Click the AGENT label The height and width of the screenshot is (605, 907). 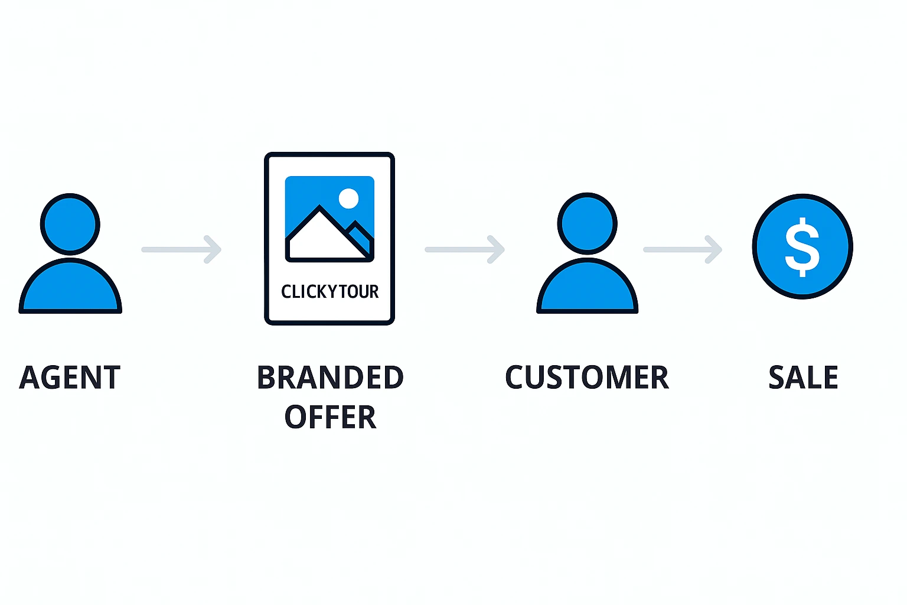(x=70, y=378)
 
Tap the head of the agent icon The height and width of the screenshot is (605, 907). (x=70, y=225)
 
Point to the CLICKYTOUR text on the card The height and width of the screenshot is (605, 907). (x=329, y=291)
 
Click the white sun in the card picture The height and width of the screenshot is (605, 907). (x=348, y=199)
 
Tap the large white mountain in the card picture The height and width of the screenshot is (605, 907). (x=322, y=236)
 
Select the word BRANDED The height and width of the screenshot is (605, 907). (x=330, y=378)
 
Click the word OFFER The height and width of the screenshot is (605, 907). (x=330, y=417)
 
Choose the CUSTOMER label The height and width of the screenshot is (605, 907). (x=587, y=378)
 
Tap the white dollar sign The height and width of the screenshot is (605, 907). (x=802, y=247)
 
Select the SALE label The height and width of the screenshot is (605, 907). (x=803, y=378)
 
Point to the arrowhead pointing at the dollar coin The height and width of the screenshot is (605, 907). (x=714, y=249)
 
